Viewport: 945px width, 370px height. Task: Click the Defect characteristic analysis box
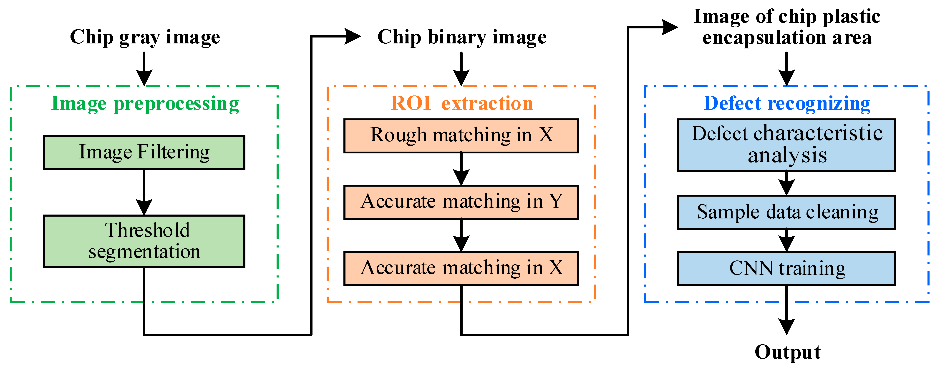point(786,145)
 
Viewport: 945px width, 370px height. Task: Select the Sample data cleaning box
point(786,212)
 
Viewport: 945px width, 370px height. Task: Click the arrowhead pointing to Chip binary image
point(352,36)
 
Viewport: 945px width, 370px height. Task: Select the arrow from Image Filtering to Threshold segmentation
point(144,192)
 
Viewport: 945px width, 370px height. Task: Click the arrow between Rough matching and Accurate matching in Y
point(461,169)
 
